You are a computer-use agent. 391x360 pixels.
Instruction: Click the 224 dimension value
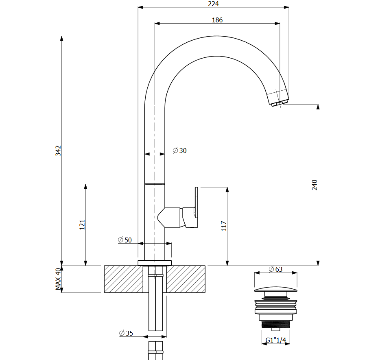click(x=213, y=4)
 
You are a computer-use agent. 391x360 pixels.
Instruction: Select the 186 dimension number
click(x=217, y=20)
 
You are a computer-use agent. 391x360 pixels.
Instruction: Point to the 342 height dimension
click(x=58, y=151)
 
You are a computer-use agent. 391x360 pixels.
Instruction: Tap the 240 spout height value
click(x=315, y=185)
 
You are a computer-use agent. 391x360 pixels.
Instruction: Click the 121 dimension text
click(x=82, y=225)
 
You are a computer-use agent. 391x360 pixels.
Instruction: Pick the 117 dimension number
click(x=224, y=226)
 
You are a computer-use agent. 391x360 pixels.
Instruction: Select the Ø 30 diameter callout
click(x=179, y=151)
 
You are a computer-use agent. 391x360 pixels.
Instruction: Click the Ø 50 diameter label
click(x=125, y=240)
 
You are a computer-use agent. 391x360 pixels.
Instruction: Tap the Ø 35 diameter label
click(x=126, y=333)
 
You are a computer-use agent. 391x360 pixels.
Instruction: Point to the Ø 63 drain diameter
click(x=275, y=269)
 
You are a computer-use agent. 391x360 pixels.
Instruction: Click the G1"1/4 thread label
click(x=276, y=340)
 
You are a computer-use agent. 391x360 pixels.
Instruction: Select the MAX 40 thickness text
click(x=58, y=279)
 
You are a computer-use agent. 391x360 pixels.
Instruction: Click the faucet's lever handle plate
click(x=197, y=207)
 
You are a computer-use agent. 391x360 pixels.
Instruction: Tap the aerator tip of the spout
click(x=277, y=104)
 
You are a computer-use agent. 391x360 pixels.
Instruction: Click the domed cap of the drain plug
click(x=275, y=289)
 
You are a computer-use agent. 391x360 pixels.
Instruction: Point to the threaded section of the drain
click(x=275, y=324)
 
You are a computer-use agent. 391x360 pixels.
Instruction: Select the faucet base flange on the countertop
click(x=155, y=262)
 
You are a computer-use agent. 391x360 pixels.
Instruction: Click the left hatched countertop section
click(x=123, y=279)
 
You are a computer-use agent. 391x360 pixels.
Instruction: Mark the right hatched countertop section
click(x=186, y=279)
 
